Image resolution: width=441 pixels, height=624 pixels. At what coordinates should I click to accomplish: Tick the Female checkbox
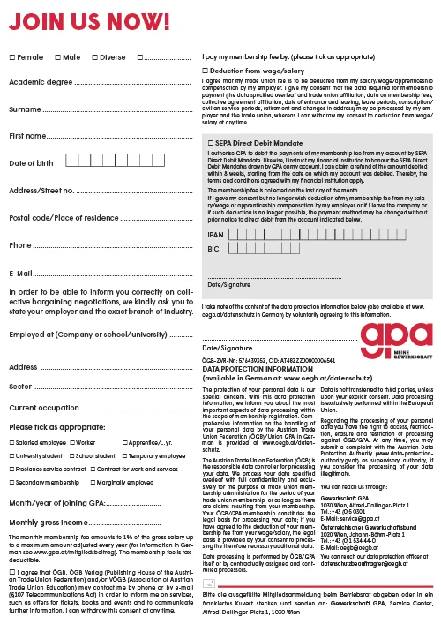tap(11, 57)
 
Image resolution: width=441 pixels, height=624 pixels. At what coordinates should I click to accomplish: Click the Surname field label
tap(25, 110)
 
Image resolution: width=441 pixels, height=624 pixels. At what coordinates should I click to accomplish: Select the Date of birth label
tap(31, 163)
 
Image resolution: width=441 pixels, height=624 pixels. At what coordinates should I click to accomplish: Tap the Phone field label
tap(19, 244)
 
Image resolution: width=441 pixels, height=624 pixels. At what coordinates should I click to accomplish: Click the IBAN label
tap(214, 237)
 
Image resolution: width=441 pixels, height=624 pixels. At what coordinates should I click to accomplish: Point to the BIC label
tap(213, 250)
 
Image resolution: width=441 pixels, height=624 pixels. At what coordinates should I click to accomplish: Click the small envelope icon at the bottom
tap(209, 584)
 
